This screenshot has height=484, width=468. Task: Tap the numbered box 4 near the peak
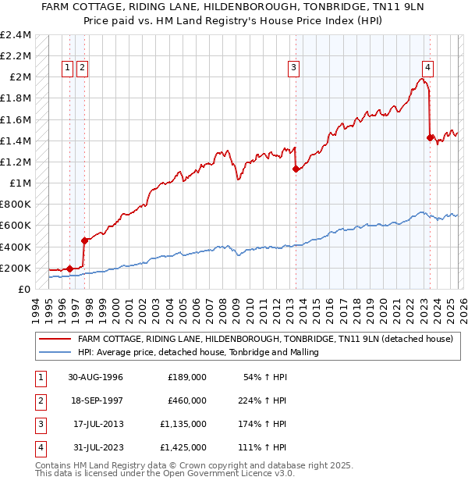click(428, 67)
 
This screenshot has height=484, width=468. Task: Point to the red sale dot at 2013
click(296, 169)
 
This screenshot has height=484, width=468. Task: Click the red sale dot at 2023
click(430, 138)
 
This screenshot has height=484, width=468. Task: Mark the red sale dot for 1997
click(83, 240)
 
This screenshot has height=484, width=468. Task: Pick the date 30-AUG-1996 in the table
click(95, 377)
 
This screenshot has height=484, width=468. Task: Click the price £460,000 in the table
click(187, 400)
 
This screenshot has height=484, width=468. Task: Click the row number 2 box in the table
click(39, 400)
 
